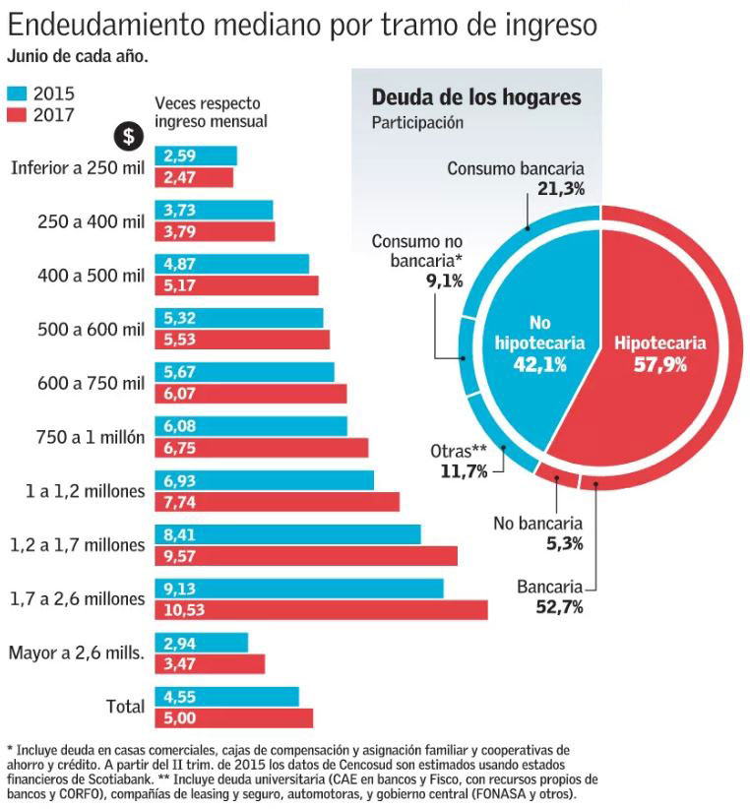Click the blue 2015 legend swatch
pos(18,94)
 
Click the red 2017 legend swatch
pos(18,114)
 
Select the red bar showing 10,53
pos(321,610)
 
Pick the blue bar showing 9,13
pos(299,588)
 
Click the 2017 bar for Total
pos(233,717)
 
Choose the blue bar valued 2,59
pos(196,156)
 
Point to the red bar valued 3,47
pos(210,663)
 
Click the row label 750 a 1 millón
pos(89,437)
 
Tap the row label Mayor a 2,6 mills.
pos(77,653)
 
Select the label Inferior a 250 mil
pos(78,166)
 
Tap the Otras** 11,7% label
pos(459,462)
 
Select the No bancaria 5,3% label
pos(537,532)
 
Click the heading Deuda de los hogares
pos(475,97)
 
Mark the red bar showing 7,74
pos(277,502)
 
